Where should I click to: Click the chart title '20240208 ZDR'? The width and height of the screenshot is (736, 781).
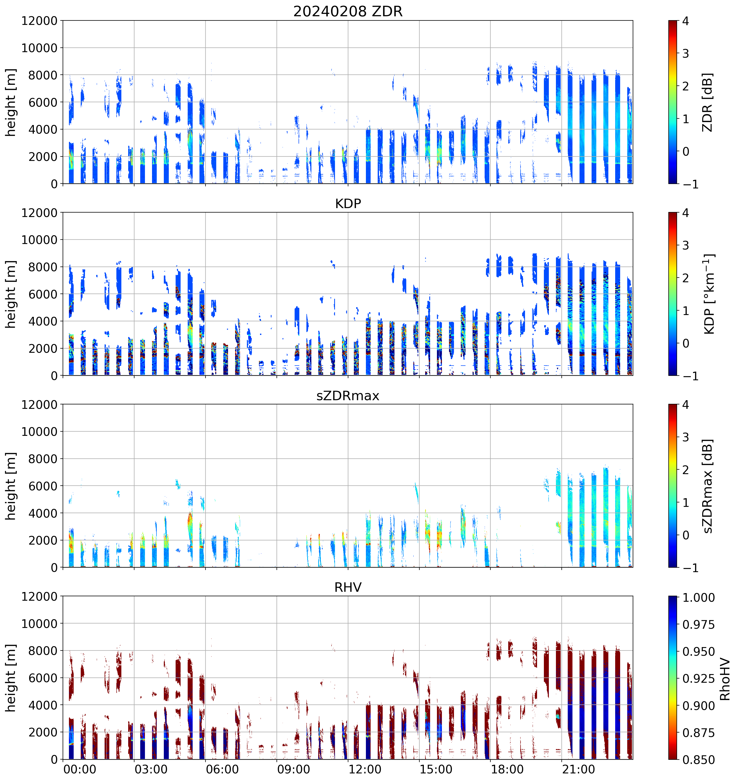click(x=348, y=11)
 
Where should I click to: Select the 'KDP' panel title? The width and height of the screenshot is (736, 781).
click(x=348, y=203)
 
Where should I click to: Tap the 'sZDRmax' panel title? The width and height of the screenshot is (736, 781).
click(x=348, y=395)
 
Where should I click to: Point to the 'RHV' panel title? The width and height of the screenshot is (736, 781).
click(x=348, y=587)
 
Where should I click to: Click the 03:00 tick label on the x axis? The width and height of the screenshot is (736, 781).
click(x=151, y=769)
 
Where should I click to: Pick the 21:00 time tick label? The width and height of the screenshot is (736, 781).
click(x=578, y=769)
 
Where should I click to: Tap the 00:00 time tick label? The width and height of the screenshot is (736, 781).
click(x=80, y=769)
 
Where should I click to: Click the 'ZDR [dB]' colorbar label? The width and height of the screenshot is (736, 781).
click(x=707, y=102)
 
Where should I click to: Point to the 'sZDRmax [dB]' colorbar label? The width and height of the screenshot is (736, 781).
click(x=707, y=486)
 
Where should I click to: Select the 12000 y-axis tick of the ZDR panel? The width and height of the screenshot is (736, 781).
click(x=39, y=21)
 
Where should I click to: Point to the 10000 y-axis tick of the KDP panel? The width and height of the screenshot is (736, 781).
click(x=39, y=240)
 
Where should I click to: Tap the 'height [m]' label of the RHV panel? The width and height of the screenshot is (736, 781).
click(x=10, y=678)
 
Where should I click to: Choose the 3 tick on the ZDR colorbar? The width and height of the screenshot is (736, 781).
click(x=686, y=53)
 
